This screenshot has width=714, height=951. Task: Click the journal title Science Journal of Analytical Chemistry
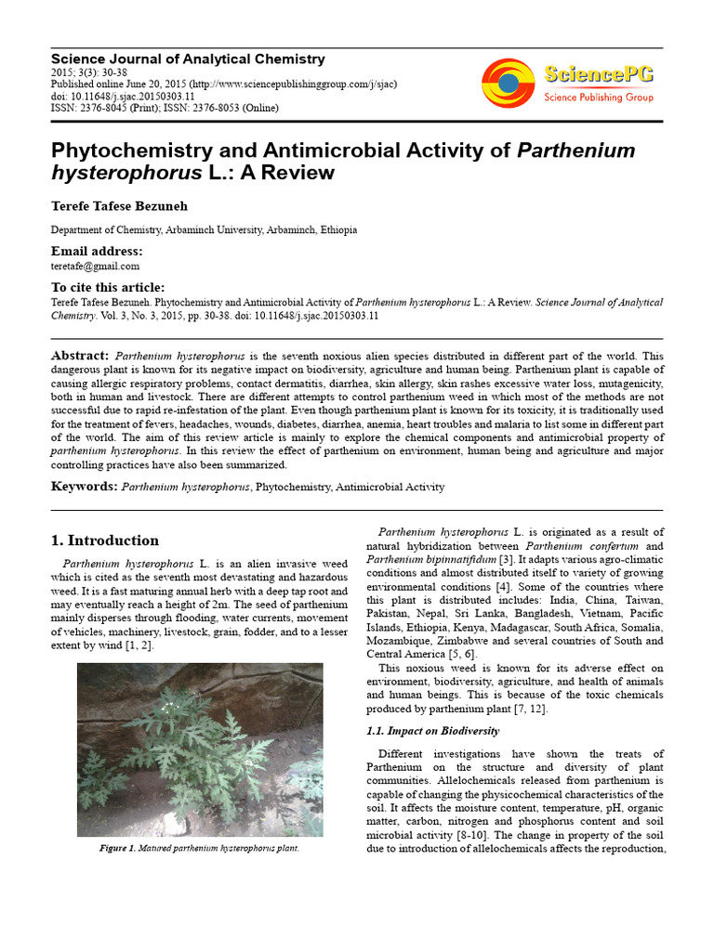[x=188, y=59]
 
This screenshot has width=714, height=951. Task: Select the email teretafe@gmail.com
[x=95, y=266]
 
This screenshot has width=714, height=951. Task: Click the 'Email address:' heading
[x=97, y=251]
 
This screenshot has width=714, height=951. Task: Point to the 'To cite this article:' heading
[x=108, y=287]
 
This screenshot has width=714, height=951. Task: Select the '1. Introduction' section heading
[x=104, y=541]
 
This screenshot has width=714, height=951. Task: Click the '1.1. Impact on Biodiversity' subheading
[x=432, y=731]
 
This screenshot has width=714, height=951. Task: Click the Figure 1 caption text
[x=200, y=849]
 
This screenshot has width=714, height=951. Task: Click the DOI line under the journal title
[x=123, y=96]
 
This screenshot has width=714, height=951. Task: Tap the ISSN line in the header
[x=165, y=108]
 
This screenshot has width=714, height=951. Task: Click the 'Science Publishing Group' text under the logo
[x=598, y=97]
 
